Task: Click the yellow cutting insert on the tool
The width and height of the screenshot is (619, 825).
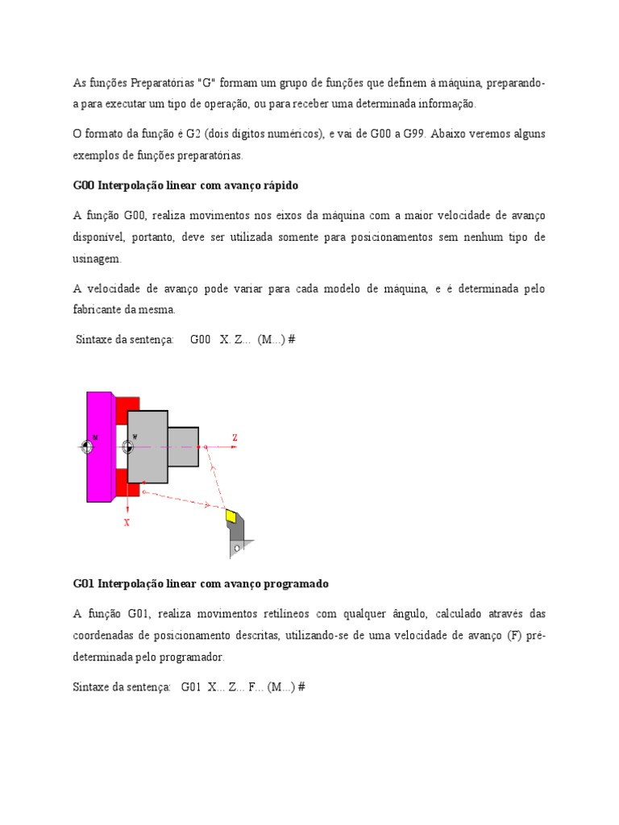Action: coord(232,516)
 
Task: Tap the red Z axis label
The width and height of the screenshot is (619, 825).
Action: coord(235,437)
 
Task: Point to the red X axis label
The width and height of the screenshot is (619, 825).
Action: coord(127,522)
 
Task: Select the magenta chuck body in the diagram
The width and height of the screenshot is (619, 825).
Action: coord(100,446)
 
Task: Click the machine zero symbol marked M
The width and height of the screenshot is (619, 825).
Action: coord(88,446)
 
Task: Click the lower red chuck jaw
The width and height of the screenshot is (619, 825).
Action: coord(127,484)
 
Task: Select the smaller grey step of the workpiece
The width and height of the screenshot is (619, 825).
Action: coord(183,446)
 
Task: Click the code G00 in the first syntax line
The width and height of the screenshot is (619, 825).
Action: coord(200,339)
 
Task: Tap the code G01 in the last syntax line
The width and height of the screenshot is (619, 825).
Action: coord(190,687)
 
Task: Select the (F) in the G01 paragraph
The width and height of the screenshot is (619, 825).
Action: coord(515,635)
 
